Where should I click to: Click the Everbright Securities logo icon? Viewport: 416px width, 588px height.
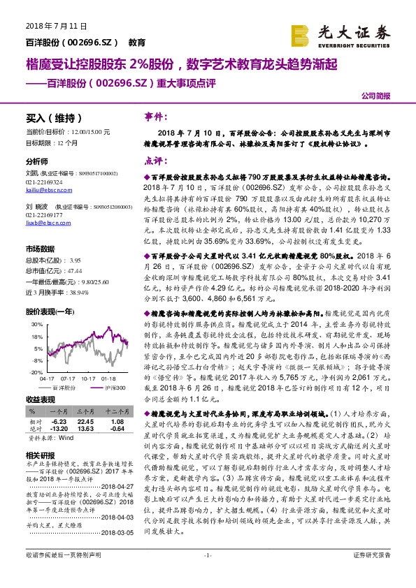(300, 34)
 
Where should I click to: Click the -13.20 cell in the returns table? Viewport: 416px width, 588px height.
(59, 428)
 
